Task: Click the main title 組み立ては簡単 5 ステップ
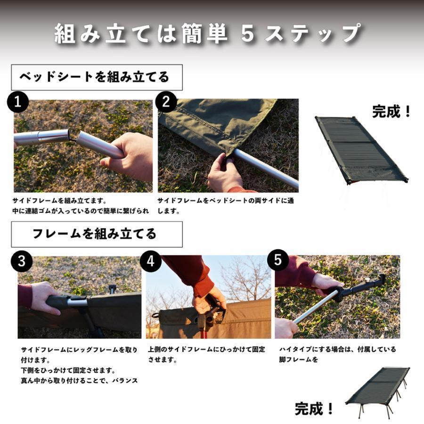207,34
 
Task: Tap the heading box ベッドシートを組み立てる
97,77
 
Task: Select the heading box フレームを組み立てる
97,234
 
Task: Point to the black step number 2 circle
166,103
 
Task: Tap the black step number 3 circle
21,261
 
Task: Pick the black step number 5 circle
278,261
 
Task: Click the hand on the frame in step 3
45,297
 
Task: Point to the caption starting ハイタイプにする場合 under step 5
337,354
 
